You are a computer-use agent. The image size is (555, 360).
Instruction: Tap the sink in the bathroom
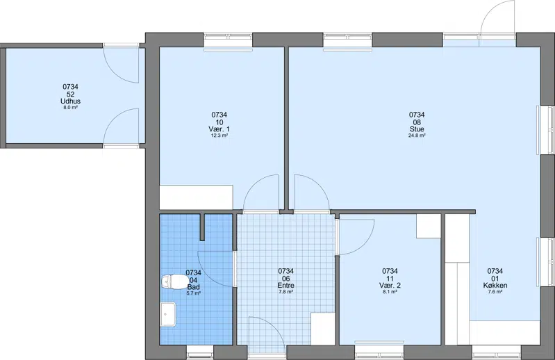click(168, 314)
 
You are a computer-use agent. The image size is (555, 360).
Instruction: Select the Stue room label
click(417, 129)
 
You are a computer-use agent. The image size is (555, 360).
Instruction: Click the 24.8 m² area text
click(417, 136)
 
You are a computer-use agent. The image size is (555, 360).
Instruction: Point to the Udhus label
click(70, 101)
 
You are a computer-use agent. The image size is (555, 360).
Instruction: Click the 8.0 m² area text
click(70, 107)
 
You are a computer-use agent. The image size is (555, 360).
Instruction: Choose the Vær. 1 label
click(219, 129)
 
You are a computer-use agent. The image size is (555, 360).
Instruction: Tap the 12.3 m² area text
click(219, 136)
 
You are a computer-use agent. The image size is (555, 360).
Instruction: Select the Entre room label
click(285, 286)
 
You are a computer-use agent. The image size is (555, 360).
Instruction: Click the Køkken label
click(495, 286)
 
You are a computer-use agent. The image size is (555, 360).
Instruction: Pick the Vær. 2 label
click(390, 286)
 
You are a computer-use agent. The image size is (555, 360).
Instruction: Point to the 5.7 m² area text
click(194, 293)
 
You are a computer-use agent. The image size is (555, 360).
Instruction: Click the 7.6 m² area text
click(495, 292)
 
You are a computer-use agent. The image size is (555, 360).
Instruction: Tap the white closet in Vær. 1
click(196, 197)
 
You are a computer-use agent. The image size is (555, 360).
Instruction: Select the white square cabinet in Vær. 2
click(429, 226)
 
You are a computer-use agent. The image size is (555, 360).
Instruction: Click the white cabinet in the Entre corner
click(323, 329)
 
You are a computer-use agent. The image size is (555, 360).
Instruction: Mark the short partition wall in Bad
click(203, 227)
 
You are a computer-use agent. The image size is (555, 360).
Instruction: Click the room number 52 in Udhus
click(70, 94)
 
